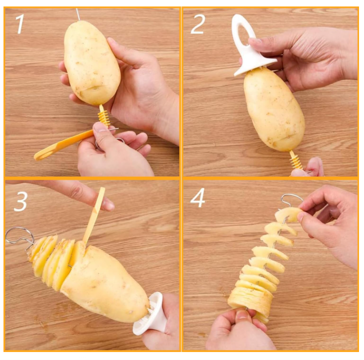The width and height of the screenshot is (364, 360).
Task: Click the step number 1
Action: click(20, 24)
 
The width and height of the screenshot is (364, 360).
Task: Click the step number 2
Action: click(197, 24)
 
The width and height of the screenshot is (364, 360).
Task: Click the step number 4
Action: click(198, 197)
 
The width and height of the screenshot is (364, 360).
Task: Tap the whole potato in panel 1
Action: click(92, 63)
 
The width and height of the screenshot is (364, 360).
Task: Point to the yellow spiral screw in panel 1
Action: click(104, 116)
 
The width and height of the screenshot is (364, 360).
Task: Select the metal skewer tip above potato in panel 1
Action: click(78, 14)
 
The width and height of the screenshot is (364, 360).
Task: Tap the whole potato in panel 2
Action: click(274, 110)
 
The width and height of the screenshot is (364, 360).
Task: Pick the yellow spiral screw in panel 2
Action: click(296, 160)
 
